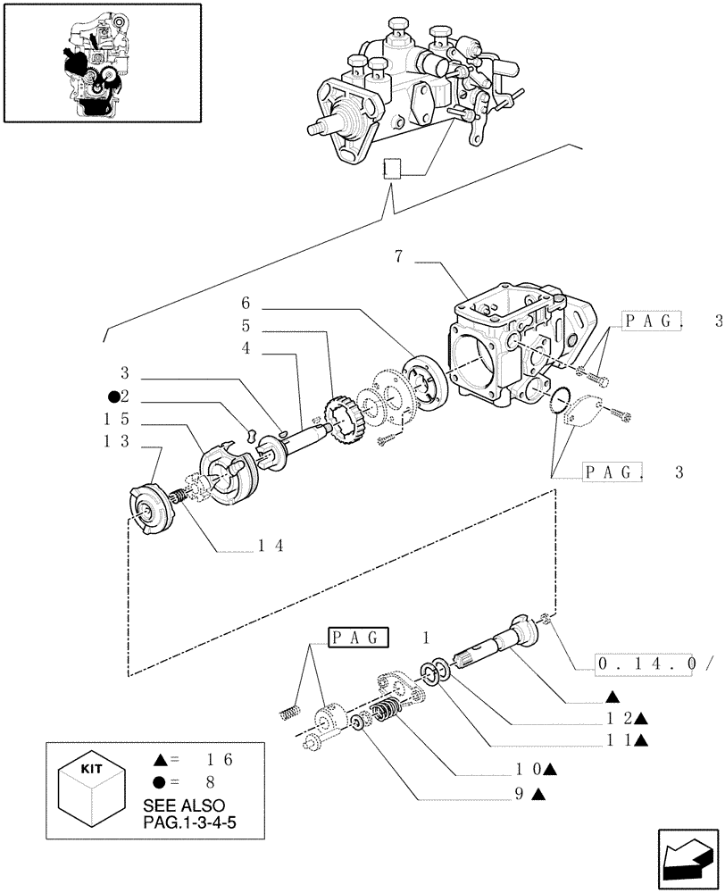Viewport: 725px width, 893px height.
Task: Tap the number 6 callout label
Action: coord(246,305)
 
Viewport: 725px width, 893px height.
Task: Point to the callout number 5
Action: coord(246,327)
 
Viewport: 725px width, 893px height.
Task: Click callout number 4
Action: coord(246,349)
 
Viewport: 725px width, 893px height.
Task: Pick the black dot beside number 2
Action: coord(114,396)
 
